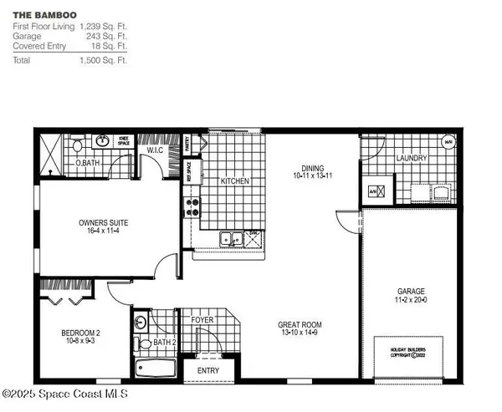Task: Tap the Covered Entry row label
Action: tap(38, 46)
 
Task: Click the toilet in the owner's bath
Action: tap(76, 145)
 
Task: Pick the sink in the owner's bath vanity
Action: tap(103, 141)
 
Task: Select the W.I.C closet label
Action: tap(154, 150)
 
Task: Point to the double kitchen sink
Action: tap(230, 240)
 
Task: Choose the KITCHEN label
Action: tap(235, 181)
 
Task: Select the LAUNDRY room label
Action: tap(412, 158)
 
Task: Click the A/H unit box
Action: tap(375, 191)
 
